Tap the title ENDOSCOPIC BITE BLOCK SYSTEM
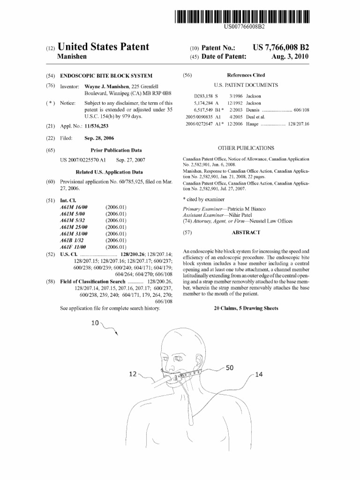[106, 75]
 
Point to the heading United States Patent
[103, 47]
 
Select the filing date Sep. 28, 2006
[99, 138]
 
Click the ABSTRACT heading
[246, 232]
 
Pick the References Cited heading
[246, 75]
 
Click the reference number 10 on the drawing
[95, 323]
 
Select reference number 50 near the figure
[230, 368]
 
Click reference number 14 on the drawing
[259, 375]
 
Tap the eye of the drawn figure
[179, 359]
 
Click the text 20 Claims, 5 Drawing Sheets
[246, 308]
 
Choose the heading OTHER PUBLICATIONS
[246, 148]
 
